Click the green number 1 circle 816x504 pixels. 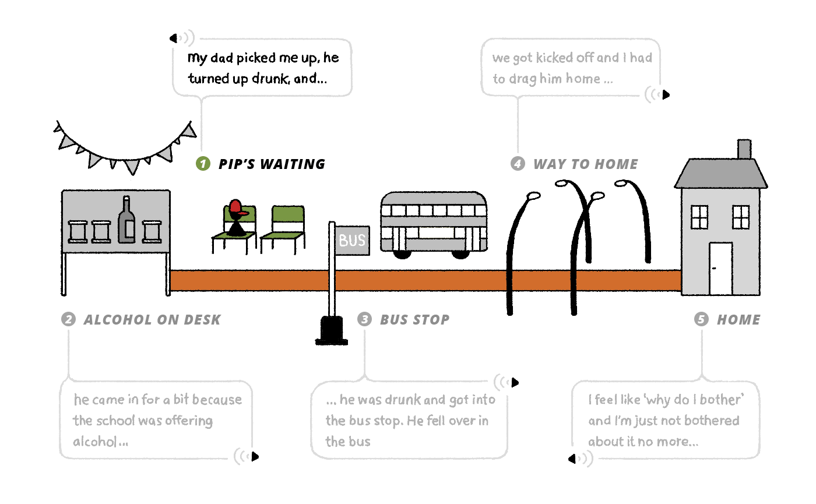(x=202, y=164)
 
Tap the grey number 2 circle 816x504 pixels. (x=68, y=319)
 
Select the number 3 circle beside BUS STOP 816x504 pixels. (x=365, y=319)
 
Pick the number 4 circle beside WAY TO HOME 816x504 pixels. (x=518, y=164)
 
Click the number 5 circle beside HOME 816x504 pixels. (x=701, y=319)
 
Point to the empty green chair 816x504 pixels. (x=284, y=228)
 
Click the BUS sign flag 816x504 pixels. (x=352, y=239)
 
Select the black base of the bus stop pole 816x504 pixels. (x=330, y=330)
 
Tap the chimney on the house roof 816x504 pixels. (x=744, y=149)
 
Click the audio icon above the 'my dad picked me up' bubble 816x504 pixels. (x=181, y=38)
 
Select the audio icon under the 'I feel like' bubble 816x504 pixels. (x=581, y=459)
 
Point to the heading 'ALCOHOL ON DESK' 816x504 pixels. (x=152, y=319)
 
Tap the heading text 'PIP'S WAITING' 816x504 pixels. (x=272, y=164)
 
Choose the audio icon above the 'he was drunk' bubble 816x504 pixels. (x=507, y=383)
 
